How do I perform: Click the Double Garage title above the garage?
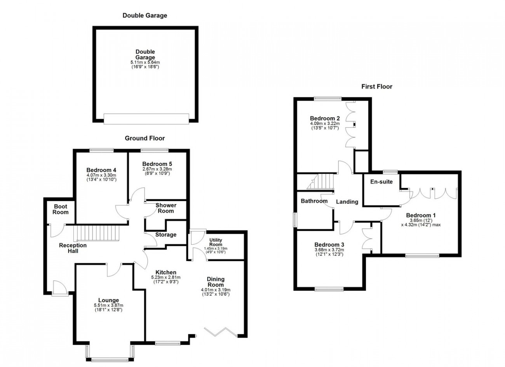point(145,16)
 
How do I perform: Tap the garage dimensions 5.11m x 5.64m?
point(145,62)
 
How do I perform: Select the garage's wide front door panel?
point(146,119)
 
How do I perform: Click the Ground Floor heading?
point(145,138)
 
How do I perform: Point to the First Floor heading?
point(377,87)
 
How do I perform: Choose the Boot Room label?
point(61,209)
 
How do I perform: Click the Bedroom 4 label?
point(101,170)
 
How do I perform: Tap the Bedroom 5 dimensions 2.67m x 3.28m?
point(157,169)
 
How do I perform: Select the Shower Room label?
point(166,208)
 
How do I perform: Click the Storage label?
point(166,235)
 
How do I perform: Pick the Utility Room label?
point(216,242)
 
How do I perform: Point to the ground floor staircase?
point(96,233)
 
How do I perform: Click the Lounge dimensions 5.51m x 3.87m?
point(109,305)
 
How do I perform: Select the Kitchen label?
point(166,272)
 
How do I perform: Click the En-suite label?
point(381,182)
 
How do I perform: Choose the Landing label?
point(347,202)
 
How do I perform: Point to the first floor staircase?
point(320,181)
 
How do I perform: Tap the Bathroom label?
point(314,201)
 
